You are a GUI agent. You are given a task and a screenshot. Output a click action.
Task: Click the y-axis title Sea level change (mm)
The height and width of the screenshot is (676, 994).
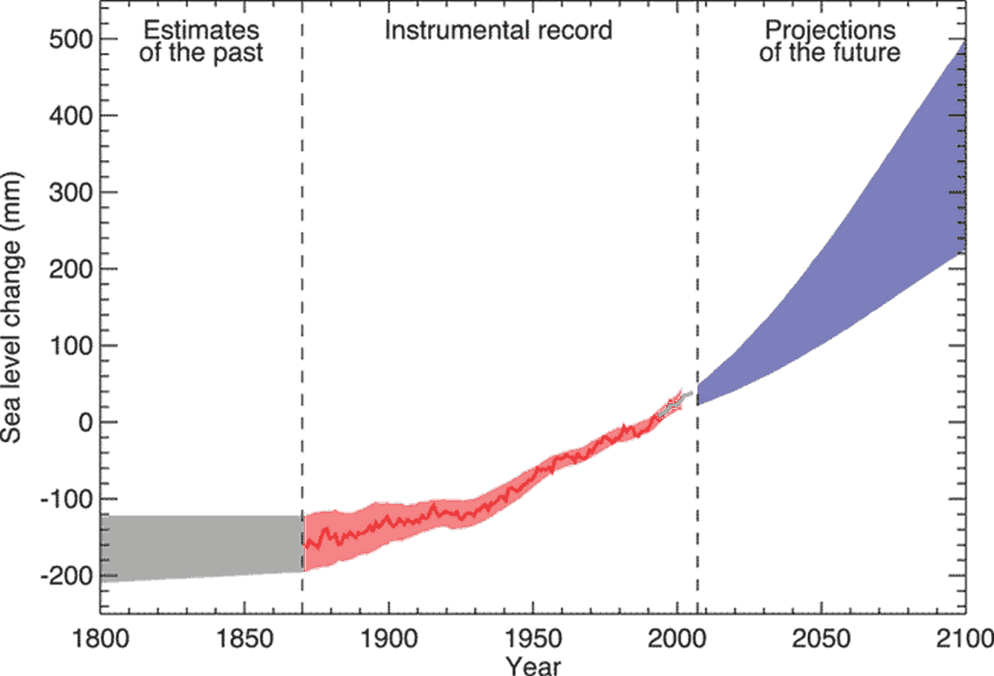tap(15, 307)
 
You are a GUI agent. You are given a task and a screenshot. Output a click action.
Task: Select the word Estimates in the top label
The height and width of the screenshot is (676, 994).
tap(201, 30)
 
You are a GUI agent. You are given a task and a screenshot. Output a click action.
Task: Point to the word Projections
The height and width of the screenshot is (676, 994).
tap(830, 30)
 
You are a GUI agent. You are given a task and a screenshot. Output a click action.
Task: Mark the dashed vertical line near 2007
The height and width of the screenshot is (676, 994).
tap(697, 218)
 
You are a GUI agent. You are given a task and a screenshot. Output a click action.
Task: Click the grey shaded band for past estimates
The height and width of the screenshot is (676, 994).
tap(201, 548)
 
